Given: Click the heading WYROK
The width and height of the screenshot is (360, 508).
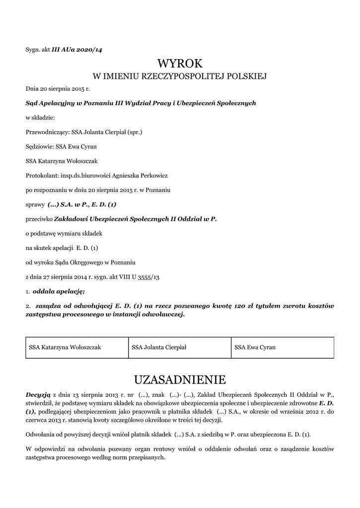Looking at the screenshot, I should point(180,63).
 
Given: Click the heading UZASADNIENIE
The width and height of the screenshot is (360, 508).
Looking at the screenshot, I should point(180,380).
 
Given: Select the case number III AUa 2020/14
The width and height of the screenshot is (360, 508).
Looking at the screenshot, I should point(77,49).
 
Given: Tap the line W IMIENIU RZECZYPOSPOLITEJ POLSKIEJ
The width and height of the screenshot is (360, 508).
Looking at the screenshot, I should point(180,76).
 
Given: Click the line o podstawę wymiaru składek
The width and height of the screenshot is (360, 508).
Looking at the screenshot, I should point(64,233).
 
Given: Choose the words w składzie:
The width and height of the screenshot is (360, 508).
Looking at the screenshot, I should point(40,118).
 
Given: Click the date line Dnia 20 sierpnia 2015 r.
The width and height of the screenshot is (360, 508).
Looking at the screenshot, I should point(58,89).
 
